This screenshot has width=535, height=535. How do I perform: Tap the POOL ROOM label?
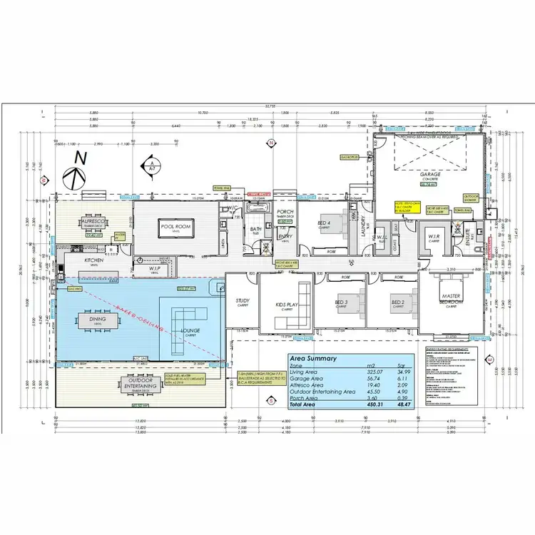coord(174,226)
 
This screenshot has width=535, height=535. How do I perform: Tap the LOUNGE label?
coord(191,330)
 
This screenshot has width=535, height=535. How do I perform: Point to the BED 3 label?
coord(340,302)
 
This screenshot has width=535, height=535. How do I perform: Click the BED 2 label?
coord(397,302)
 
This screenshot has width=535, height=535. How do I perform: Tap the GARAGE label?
coord(429,174)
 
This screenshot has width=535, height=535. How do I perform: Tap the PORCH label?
coord(285,211)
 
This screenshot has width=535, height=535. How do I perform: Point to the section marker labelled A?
coord(151,163)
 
